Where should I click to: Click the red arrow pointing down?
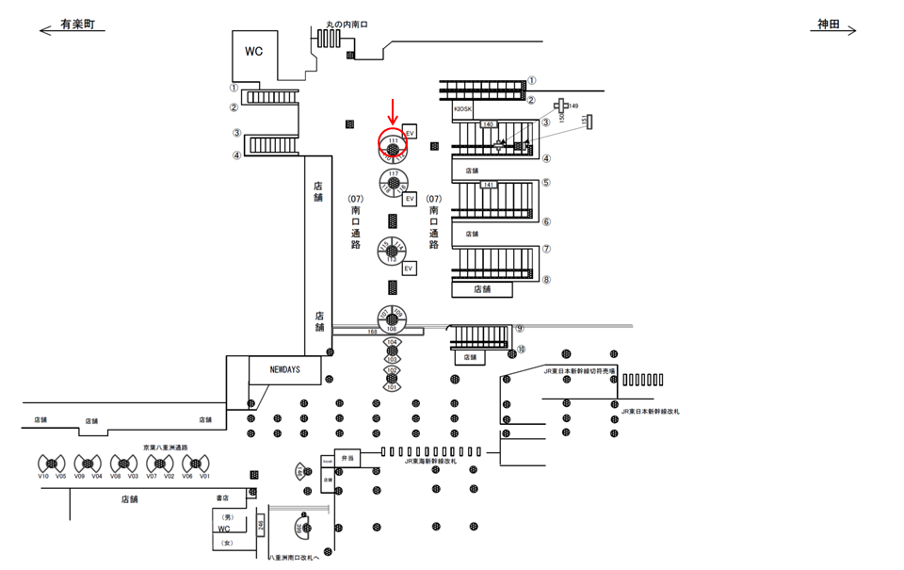pos(392,110)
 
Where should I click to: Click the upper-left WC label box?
pos(254,51)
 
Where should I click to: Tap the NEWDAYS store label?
pos(285,370)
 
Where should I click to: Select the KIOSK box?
pos(463,109)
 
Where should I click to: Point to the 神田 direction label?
pos(831,24)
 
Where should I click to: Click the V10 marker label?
pos(43,477)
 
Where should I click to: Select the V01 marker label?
pos(204,477)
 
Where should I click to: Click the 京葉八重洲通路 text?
pos(166,448)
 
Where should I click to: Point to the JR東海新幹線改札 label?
pos(431,462)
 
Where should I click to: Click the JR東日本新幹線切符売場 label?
pos(579,372)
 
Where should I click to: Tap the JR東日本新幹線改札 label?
pos(651,412)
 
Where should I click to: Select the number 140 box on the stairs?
pos(488,124)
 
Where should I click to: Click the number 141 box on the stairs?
pos(488,185)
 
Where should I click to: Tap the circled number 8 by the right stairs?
pos(546,280)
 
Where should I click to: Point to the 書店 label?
pos(223,497)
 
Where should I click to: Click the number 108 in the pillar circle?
pos(391,329)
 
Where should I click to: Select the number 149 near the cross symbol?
pos(573,106)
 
